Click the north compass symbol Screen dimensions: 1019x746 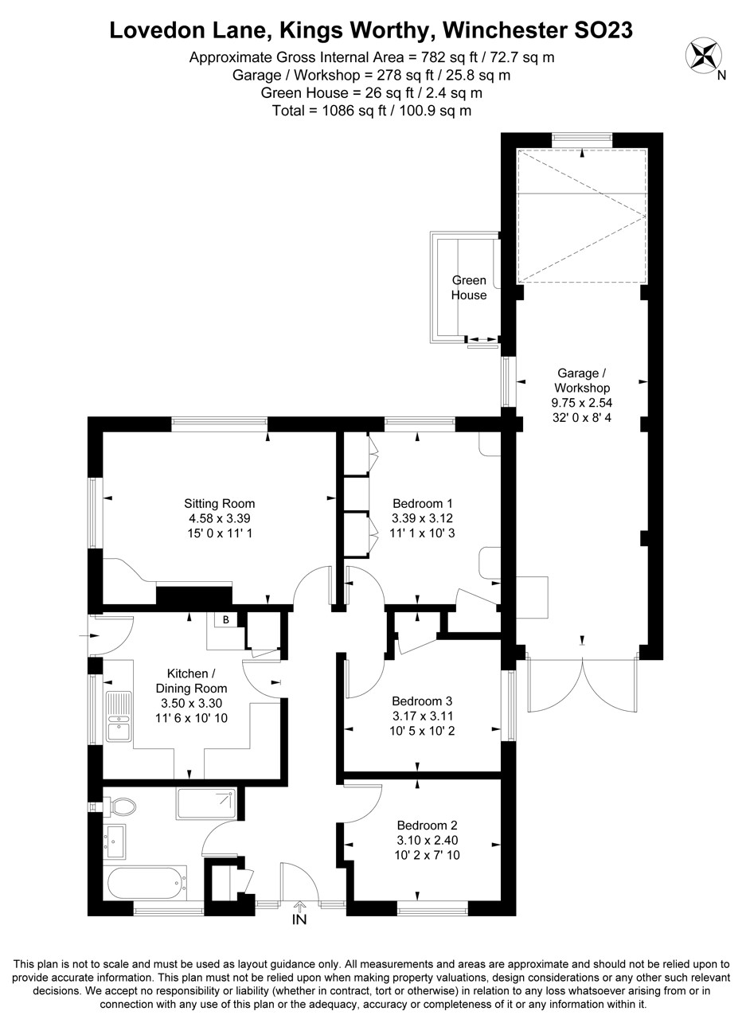pyautogui.click(x=702, y=55)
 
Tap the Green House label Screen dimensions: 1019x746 pyautogui.click(x=469, y=287)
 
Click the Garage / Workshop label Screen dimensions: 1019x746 pyautogui.click(x=581, y=380)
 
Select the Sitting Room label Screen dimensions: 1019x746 pyautogui.click(x=219, y=503)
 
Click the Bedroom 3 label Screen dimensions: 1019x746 pyautogui.click(x=422, y=701)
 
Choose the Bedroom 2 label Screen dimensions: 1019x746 pyautogui.click(x=427, y=826)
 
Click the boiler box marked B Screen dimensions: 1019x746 pyautogui.click(x=225, y=619)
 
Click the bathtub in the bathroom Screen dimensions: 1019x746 pyautogui.click(x=146, y=883)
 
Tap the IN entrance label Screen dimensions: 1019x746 pyautogui.click(x=299, y=920)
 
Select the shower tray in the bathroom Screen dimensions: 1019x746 pyautogui.click(x=206, y=803)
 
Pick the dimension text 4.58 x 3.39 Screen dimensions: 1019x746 pyautogui.click(x=219, y=518)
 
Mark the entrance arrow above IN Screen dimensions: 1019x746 pyautogui.click(x=299, y=905)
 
